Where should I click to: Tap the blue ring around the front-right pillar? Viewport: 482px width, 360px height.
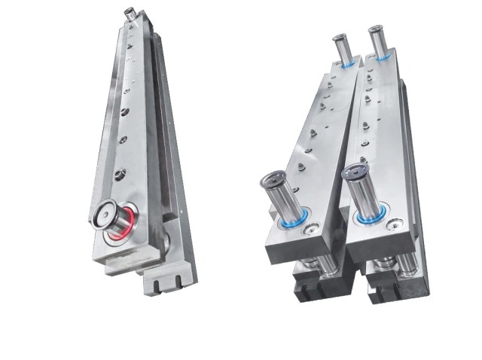click(x=371, y=218)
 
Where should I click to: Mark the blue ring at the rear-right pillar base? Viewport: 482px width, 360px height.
click(x=383, y=57)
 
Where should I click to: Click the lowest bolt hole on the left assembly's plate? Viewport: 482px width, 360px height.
click(x=118, y=175)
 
